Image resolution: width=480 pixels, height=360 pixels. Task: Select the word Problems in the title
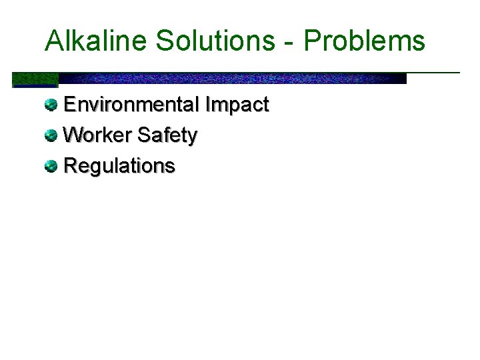click(x=365, y=41)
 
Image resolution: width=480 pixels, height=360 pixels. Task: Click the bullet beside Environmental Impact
click(x=51, y=105)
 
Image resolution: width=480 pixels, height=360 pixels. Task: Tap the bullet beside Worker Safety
click(x=51, y=135)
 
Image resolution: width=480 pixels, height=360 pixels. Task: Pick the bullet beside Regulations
click(x=51, y=166)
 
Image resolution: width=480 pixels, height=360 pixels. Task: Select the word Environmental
click(x=131, y=105)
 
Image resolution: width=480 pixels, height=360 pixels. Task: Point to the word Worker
click(x=97, y=135)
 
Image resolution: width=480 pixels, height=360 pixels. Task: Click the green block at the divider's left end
click(x=35, y=80)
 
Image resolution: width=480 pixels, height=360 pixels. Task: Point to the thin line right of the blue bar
click(x=433, y=72)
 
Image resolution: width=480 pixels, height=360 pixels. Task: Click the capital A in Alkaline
click(x=53, y=41)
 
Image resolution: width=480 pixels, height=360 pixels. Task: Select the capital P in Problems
click(x=312, y=41)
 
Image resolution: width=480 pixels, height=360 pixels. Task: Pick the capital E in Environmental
click(x=69, y=105)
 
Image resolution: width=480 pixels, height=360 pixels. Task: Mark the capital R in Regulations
click(x=70, y=166)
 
